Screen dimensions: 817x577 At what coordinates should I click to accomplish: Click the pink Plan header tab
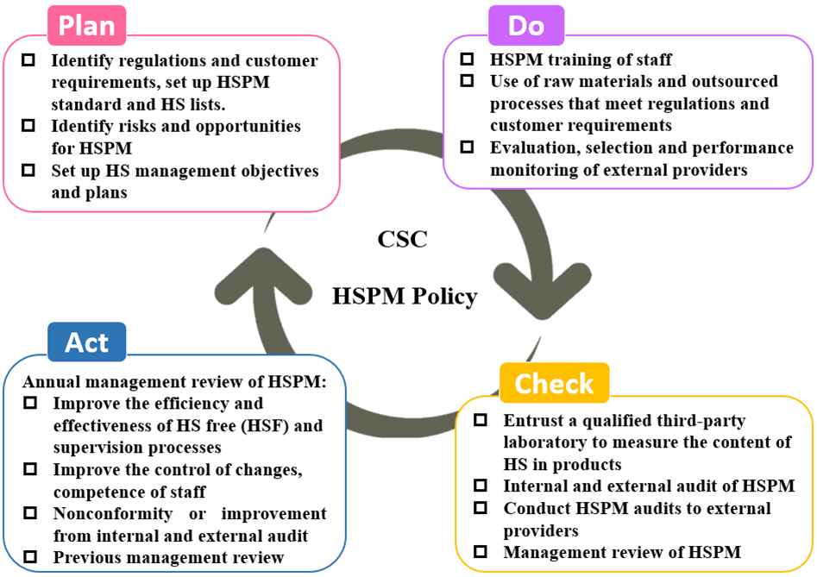coord(87,26)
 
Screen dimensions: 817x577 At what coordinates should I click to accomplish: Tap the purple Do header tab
coord(526,26)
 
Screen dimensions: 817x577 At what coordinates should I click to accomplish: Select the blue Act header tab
coord(87,342)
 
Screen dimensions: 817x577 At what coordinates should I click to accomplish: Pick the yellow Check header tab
coord(555,383)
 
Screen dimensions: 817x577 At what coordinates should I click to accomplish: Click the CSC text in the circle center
coord(402,240)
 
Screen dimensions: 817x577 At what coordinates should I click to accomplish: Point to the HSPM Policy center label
coord(405,297)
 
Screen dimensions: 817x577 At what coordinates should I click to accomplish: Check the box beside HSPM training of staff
coord(467,59)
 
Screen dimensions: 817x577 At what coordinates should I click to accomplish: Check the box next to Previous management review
coord(30,556)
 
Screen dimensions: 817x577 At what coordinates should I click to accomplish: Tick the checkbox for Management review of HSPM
coord(481,551)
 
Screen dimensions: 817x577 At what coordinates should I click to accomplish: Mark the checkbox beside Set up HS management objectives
coord(28,170)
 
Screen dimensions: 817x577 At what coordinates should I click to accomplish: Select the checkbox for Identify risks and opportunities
coord(28,126)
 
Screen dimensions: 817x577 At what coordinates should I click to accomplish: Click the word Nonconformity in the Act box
coord(112,514)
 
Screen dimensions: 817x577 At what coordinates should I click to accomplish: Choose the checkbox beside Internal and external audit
coord(481,486)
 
